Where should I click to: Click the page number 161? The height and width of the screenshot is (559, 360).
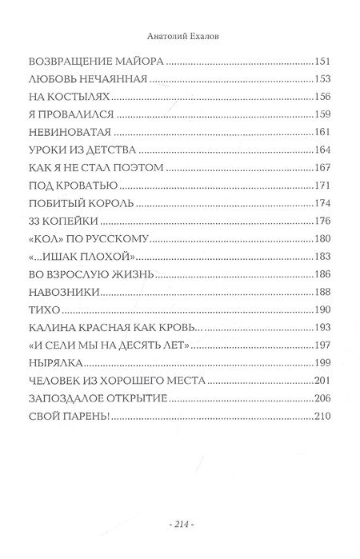pyautogui.click(x=320, y=132)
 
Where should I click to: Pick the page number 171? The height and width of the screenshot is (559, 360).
pyautogui.click(x=320, y=185)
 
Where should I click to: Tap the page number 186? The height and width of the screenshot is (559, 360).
pyautogui.click(x=320, y=273)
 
